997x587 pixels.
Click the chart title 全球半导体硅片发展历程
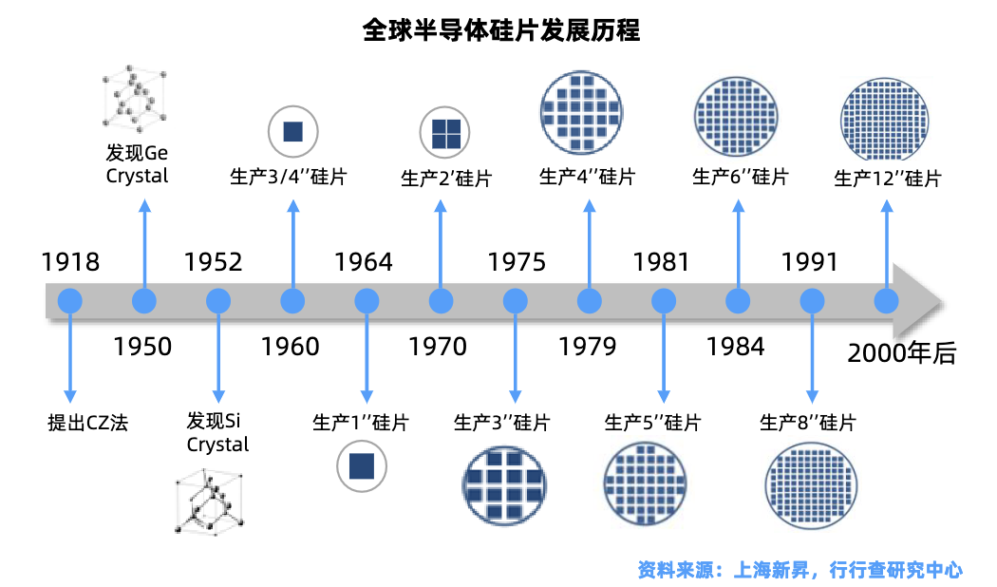(x=500, y=29)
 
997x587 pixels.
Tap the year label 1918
(x=70, y=262)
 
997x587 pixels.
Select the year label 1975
(x=517, y=262)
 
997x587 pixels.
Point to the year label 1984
(x=736, y=347)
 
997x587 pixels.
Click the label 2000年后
(x=902, y=353)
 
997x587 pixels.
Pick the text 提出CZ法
(x=87, y=423)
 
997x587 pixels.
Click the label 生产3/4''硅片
(x=288, y=176)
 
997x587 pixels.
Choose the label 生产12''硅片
(x=887, y=179)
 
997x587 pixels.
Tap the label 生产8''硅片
(x=807, y=423)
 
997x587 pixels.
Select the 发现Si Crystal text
(x=217, y=432)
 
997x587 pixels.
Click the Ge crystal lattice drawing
(x=135, y=97)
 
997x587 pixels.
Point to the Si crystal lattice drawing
(x=209, y=502)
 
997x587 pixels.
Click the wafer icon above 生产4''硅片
(x=581, y=112)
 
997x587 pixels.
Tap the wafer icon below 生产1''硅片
(x=362, y=466)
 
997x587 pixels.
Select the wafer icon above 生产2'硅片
(x=445, y=132)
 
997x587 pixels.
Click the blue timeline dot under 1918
(x=70, y=301)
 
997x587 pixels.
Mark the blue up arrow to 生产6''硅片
(x=738, y=244)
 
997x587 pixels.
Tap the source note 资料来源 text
(x=799, y=570)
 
